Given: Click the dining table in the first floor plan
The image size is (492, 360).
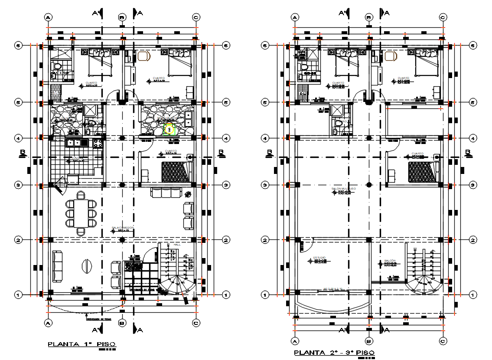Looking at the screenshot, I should (81, 213).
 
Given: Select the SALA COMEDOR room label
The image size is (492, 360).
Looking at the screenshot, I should (123, 228).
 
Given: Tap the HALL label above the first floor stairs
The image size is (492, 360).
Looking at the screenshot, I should (177, 245).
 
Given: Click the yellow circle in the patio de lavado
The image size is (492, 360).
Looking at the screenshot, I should (169, 129).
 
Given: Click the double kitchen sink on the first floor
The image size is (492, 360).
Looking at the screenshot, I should (74, 142).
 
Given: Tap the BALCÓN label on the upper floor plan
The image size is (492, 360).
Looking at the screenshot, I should (390, 261).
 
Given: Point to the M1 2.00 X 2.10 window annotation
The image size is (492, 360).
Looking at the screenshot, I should (332, 289).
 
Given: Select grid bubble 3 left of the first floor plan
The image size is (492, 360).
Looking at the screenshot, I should (18, 185).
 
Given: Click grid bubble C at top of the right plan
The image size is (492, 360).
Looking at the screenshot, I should (443, 18).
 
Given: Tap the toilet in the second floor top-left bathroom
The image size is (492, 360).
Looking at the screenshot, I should (304, 67).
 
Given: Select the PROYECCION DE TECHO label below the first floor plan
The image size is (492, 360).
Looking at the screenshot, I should (99, 320).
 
